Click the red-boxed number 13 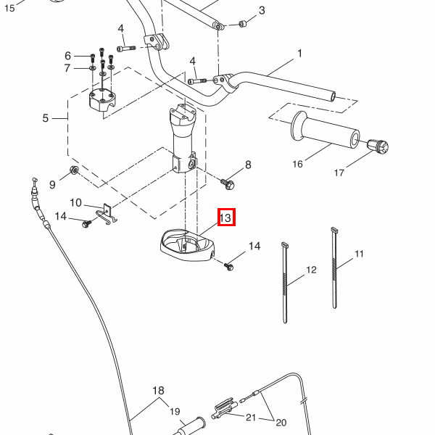225,217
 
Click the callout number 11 359,254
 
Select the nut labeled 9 74,171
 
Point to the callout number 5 45,117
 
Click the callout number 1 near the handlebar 299,54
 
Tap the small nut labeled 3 243,24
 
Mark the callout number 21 251,417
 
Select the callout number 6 68,56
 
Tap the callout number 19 175,412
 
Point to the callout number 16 297,164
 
